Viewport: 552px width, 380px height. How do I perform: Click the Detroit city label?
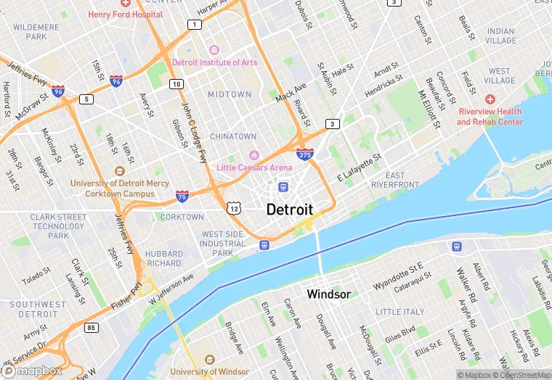tap(290, 210)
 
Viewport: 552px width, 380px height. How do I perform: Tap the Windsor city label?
tap(328, 294)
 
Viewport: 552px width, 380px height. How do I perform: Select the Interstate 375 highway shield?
tap(305, 154)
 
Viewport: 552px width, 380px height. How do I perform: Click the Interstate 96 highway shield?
tap(58, 91)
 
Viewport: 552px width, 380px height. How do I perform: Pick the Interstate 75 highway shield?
tap(183, 196)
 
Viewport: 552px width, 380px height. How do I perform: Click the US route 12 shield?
tap(233, 208)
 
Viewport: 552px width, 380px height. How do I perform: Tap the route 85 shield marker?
tap(91, 328)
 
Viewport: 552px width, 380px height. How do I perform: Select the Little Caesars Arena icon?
tap(254, 155)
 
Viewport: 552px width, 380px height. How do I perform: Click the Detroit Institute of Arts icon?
tap(214, 50)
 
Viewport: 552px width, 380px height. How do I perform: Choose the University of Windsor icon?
tap(210, 360)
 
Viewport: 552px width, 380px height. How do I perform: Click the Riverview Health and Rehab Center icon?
tap(490, 99)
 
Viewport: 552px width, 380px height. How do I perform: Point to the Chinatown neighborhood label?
tap(233, 136)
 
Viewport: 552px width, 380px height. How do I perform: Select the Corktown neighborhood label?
tap(182, 217)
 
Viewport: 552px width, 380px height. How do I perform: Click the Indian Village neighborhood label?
tap(500, 36)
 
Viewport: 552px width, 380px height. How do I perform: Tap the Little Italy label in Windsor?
tap(399, 312)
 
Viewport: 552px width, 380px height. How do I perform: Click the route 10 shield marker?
tap(176, 84)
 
